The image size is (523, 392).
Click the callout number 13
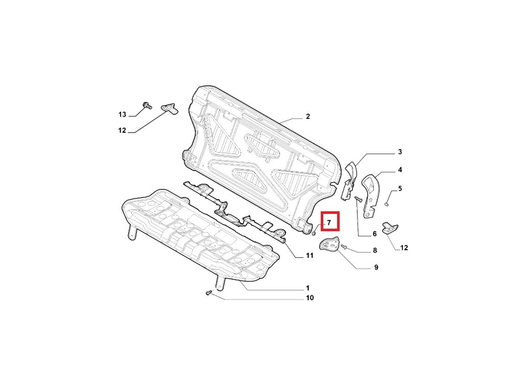click(122, 114)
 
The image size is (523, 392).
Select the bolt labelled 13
click(147, 106)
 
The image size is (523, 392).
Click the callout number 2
click(308, 117)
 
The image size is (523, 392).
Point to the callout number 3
click(400, 152)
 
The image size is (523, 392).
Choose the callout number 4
click(400, 170)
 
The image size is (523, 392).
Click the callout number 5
click(400, 189)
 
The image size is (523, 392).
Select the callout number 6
click(374, 234)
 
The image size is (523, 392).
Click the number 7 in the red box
click(329, 223)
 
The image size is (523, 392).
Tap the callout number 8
click(375, 251)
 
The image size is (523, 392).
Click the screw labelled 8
click(344, 248)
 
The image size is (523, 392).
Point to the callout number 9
click(376, 267)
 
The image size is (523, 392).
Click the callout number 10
click(310, 298)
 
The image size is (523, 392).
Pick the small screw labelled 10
click(208, 293)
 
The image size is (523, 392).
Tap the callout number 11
click(309, 256)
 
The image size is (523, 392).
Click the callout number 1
click(307, 288)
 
